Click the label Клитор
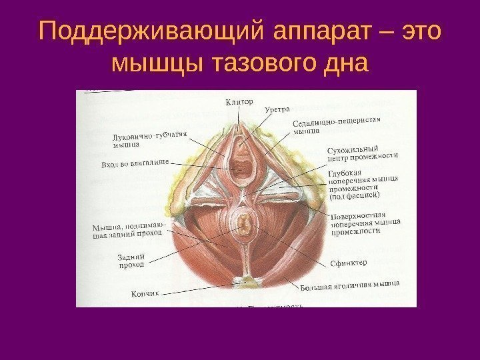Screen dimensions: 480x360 tap(239, 101)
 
